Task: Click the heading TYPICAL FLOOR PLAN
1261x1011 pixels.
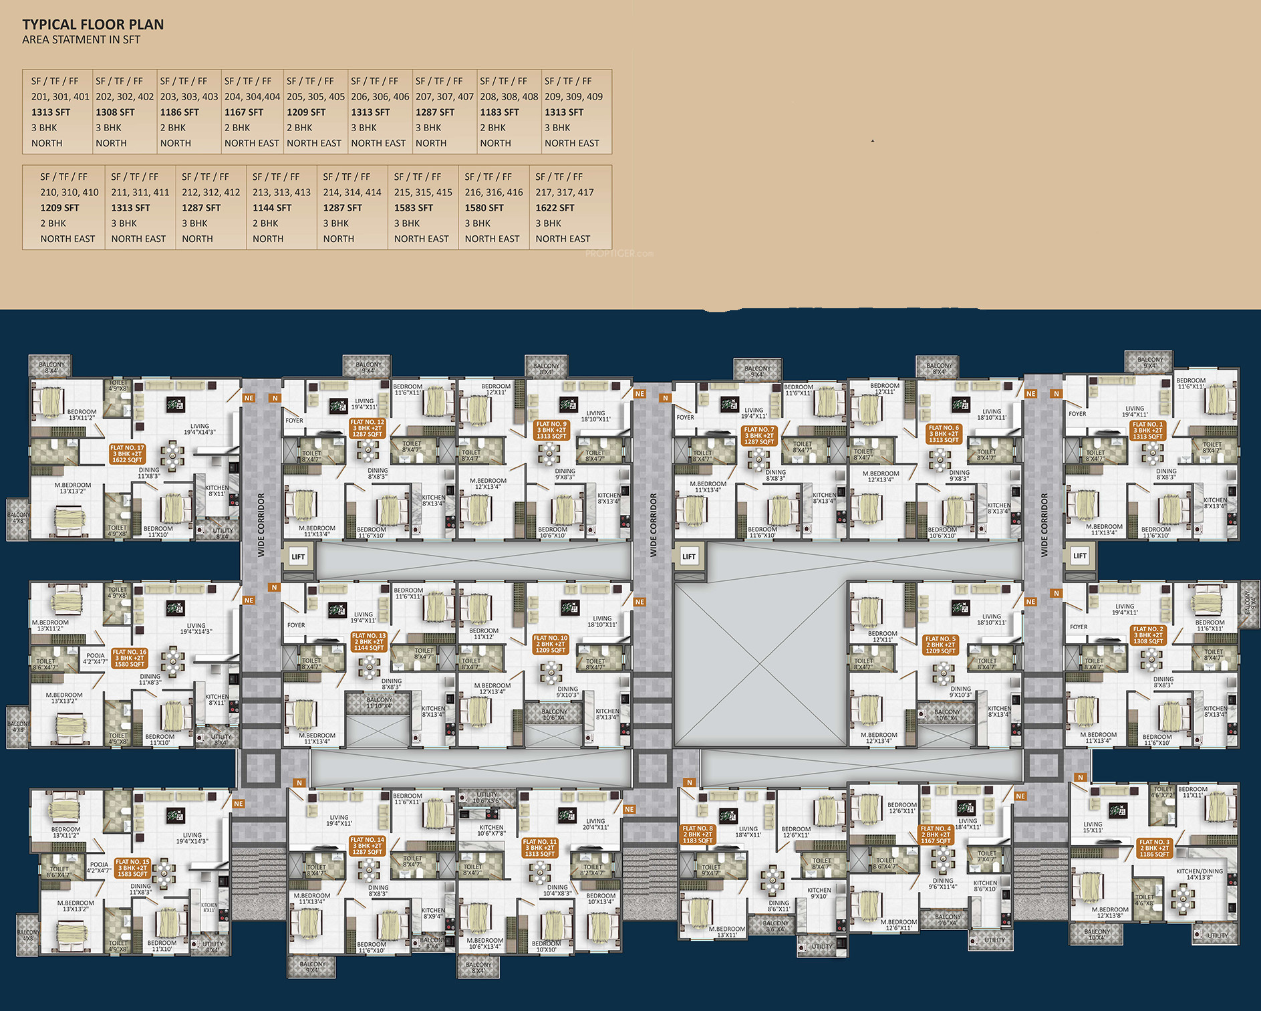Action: coord(93,25)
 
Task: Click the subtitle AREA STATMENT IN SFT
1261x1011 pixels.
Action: coord(81,40)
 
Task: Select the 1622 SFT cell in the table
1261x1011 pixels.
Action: coord(555,208)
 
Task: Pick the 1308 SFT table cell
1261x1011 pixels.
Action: coord(115,112)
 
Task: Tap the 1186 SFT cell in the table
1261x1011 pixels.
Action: coord(179,112)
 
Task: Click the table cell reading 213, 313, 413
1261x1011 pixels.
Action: coord(281,193)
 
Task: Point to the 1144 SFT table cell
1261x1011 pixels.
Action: coord(272,208)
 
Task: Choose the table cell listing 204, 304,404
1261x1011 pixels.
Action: coord(252,97)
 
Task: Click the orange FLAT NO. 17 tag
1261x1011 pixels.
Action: coord(127,454)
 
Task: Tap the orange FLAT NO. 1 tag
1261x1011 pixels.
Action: coord(1147,430)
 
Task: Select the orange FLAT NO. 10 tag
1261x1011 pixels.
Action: coord(551,644)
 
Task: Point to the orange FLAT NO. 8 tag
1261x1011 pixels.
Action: coord(697,834)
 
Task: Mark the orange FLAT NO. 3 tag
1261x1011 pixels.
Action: coord(1154,848)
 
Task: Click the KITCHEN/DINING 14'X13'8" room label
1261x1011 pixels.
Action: coord(1199,874)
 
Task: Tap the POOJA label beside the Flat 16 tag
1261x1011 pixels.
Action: coord(96,659)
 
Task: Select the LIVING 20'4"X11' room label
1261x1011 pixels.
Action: coord(595,824)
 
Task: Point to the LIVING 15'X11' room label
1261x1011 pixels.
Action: coord(1093,827)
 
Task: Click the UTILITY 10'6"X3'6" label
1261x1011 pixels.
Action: coord(486,798)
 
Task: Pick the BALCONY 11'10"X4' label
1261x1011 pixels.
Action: coord(379,703)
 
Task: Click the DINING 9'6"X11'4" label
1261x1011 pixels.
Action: coord(942,884)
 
